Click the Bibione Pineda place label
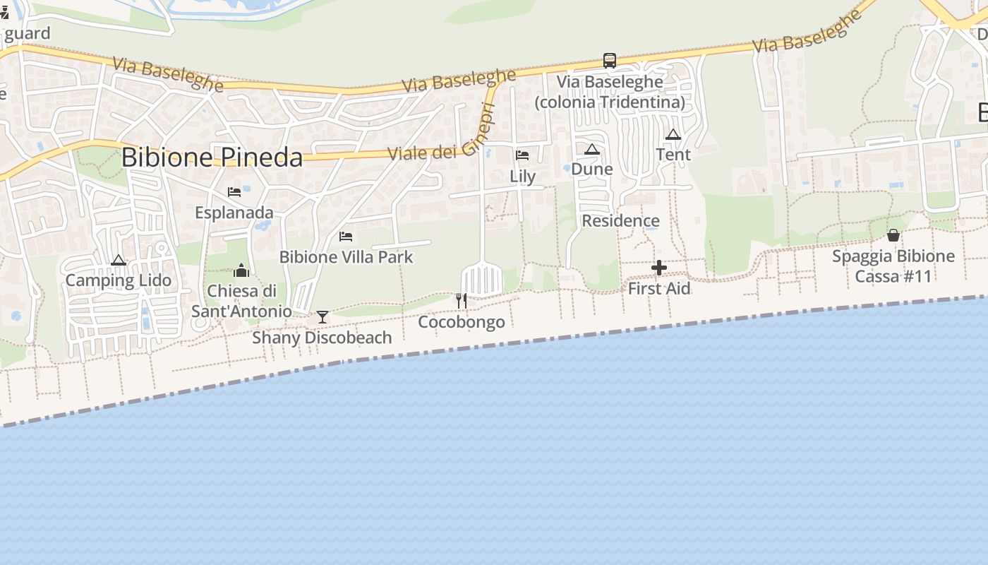[212, 157]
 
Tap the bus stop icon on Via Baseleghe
[609, 61]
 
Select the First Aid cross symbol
[659, 268]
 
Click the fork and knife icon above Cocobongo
[462, 301]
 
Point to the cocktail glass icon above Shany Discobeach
[323, 317]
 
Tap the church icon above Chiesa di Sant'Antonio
[241, 270]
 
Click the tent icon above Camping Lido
[118, 260]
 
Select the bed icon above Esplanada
[234, 191]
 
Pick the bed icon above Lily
[522, 155]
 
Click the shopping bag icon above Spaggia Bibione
[893, 235]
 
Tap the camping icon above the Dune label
[591, 149]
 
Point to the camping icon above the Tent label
[673, 134]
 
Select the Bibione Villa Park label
[346, 257]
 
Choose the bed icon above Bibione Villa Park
[346, 236]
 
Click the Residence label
[620, 221]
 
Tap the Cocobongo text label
[462, 322]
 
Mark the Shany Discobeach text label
[322, 338]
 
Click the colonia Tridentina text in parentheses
[610, 102]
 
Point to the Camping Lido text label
[118, 280]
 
